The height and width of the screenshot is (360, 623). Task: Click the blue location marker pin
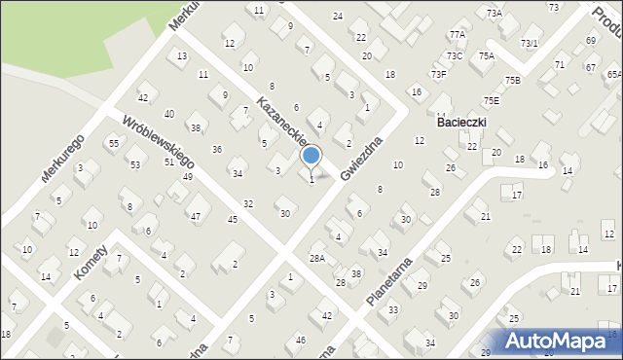pyautogui.click(x=311, y=156)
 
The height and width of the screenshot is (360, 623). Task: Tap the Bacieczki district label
pyautogui.click(x=461, y=122)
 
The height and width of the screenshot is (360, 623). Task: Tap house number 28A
pyautogui.click(x=316, y=258)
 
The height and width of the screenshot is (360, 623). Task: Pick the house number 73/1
pyautogui.click(x=530, y=43)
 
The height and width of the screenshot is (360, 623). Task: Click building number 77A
pyautogui.click(x=458, y=34)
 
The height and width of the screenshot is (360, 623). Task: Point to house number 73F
pyautogui.click(x=439, y=74)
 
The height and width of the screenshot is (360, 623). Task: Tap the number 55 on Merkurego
pyautogui.click(x=114, y=143)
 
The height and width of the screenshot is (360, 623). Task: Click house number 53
pyautogui.click(x=135, y=164)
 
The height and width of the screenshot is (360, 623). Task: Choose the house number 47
pyautogui.click(x=195, y=215)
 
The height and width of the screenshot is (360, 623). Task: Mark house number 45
pyautogui.click(x=233, y=219)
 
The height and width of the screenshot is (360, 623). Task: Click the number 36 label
pyautogui.click(x=217, y=149)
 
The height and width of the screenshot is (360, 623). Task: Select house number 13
pyautogui.click(x=182, y=55)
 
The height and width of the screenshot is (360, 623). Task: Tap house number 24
pyautogui.click(x=338, y=16)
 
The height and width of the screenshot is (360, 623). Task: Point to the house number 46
pyautogui.click(x=301, y=339)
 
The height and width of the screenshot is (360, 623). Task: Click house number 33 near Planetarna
pyautogui.click(x=393, y=309)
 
